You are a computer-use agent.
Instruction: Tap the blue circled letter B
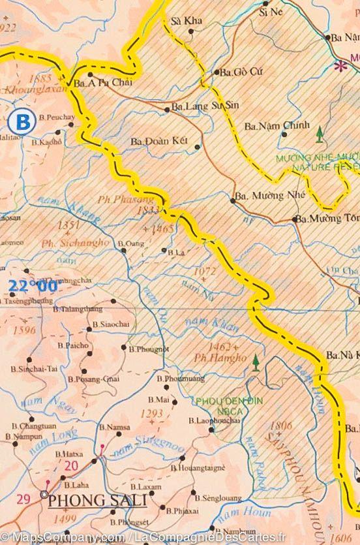click(23, 121)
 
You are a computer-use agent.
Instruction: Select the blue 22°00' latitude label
click(33, 285)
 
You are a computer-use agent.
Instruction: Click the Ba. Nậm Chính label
click(268, 125)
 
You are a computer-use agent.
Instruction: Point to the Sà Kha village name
click(186, 21)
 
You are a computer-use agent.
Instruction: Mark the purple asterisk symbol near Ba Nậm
click(339, 65)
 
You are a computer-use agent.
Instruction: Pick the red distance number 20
click(72, 465)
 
